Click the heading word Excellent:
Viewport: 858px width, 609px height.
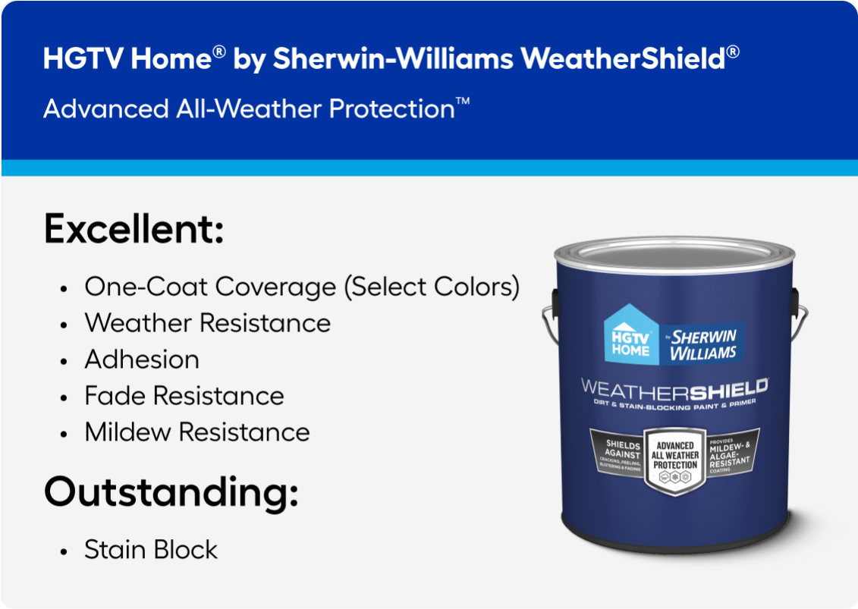pyautogui.click(x=134, y=229)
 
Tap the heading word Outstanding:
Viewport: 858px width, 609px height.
pyautogui.click(x=171, y=492)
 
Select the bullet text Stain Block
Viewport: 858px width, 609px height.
pyautogui.click(x=151, y=549)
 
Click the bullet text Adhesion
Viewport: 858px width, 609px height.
pyautogui.click(x=142, y=359)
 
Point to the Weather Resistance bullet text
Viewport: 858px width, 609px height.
pyautogui.click(x=207, y=322)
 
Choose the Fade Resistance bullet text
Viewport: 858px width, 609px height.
pyautogui.click(x=184, y=395)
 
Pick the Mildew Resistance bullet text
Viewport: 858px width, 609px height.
pyautogui.click(x=197, y=432)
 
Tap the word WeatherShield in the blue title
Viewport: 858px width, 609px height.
pyautogui.click(x=621, y=59)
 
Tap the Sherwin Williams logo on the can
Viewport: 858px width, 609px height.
pyautogui.click(x=702, y=344)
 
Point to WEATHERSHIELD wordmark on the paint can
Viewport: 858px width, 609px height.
pyautogui.click(x=674, y=389)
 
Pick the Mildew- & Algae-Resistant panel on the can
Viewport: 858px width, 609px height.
pyautogui.click(x=730, y=454)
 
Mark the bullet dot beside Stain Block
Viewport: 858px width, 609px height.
pyautogui.click(x=65, y=551)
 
